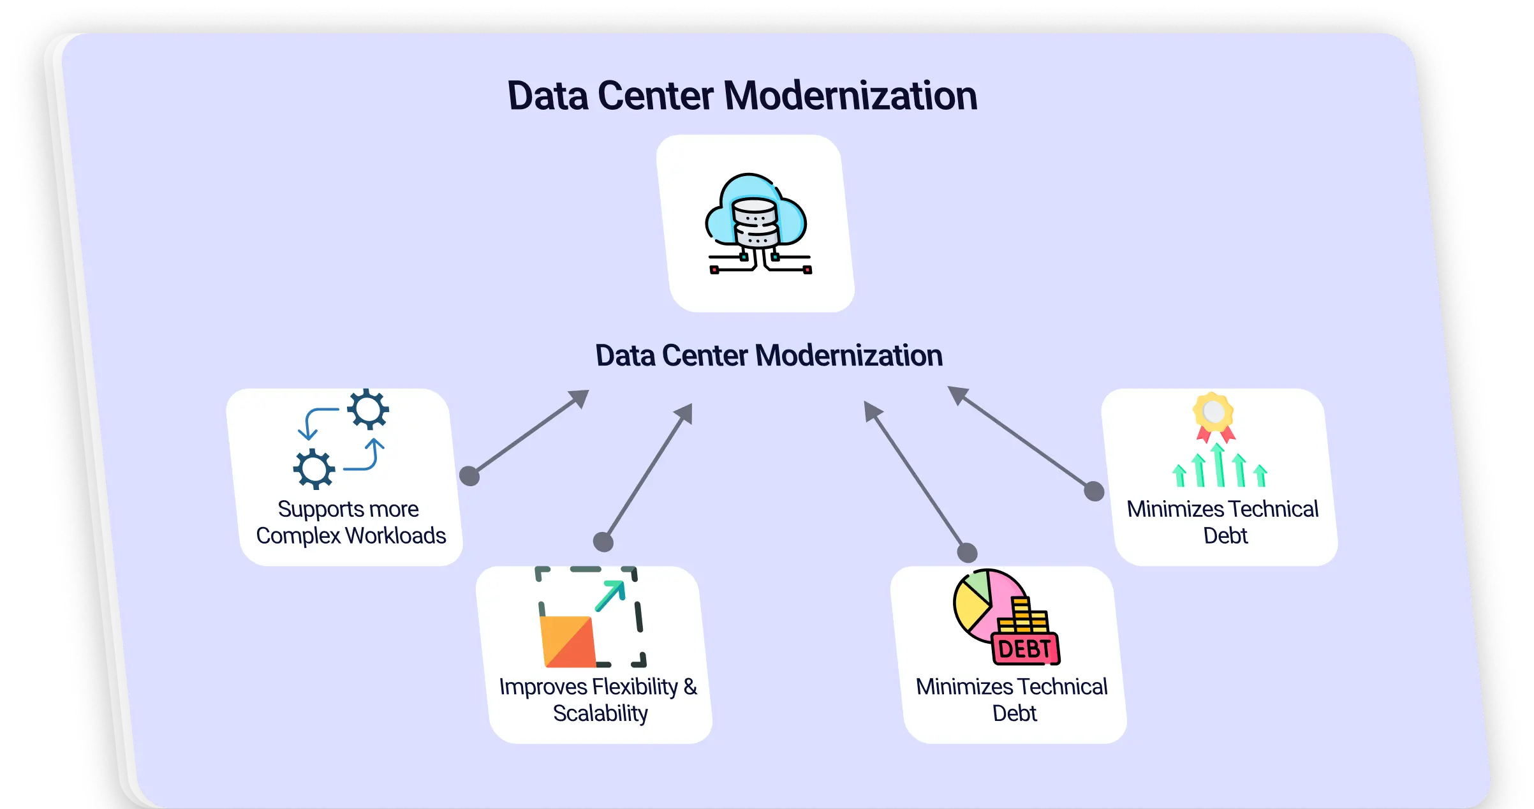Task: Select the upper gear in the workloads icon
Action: pyautogui.click(x=368, y=409)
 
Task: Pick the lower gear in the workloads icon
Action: pyautogui.click(x=314, y=469)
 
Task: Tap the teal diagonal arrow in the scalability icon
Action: pyautogui.click(x=610, y=596)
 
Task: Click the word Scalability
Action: pyautogui.click(x=600, y=713)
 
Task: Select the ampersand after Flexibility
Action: pyautogui.click(x=690, y=687)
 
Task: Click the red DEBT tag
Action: pyautogui.click(x=1024, y=649)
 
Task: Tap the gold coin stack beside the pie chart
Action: pyautogui.click(x=1024, y=616)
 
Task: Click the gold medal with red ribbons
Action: pyautogui.click(x=1214, y=413)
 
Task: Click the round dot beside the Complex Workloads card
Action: pyautogui.click(x=469, y=476)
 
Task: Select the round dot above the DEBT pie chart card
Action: pyautogui.click(x=967, y=553)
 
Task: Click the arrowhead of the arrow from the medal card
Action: pyautogui.click(x=956, y=394)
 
